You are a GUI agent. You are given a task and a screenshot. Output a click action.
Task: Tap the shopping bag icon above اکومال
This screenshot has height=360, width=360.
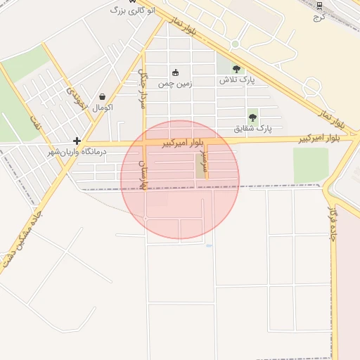103,97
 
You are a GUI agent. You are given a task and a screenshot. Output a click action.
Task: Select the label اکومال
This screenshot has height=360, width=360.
103,108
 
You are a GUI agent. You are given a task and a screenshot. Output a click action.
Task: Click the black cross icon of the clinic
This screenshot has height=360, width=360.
77,141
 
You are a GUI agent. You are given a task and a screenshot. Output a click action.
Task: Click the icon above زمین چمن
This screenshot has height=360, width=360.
175,72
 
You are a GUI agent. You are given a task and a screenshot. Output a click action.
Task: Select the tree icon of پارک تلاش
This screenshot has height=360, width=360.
236,69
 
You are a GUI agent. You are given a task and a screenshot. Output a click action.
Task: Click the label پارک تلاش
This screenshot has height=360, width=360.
236,80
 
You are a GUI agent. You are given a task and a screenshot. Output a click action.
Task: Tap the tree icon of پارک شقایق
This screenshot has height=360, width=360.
252,117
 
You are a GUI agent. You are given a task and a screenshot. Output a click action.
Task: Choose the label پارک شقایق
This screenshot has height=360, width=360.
252,129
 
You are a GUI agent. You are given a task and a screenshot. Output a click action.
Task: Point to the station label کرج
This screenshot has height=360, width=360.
317,15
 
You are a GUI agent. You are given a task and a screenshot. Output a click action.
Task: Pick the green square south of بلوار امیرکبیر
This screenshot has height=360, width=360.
310,165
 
